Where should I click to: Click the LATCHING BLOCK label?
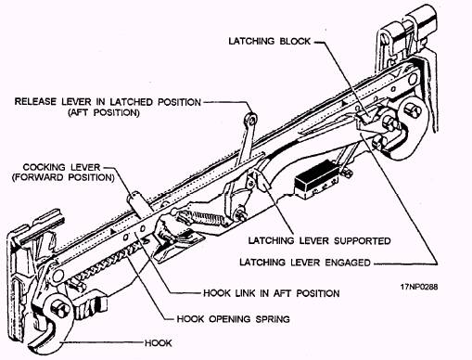coord(269,41)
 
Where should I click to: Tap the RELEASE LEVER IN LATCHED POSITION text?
coord(108,102)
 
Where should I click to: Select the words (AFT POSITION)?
coord(104,112)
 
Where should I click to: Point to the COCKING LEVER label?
coord(62,167)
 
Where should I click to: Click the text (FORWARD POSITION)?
coord(63,177)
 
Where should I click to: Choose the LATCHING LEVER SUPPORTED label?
coord(320,240)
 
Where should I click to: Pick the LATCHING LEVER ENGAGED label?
coord(305,263)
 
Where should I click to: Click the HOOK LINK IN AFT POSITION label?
coord(272,293)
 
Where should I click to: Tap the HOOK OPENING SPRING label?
coord(233,319)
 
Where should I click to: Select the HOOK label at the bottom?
coord(159,343)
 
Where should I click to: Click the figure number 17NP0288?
coord(419,287)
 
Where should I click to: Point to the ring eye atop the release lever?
coord(251,119)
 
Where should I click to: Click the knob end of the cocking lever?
coord(134,196)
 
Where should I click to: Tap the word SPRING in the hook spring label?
coord(273,319)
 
